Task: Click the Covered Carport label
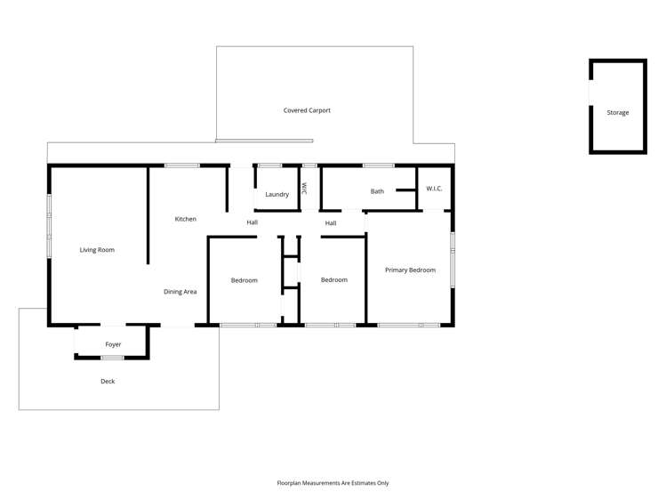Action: click(x=307, y=110)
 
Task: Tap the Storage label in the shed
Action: click(x=618, y=113)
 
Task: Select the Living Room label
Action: click(x=97, y=250)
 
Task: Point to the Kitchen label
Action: click(x=185, y=219)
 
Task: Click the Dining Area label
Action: click(x=180, y=292)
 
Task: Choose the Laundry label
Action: click(x=277, y=194)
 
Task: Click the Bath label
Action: click(x=377, y=191)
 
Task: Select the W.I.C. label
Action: click(x=434, y=189)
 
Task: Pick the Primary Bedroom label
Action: click(x=410, y=270)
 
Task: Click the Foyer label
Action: click(x=113, y=344)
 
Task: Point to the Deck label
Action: click(x=108, y=382)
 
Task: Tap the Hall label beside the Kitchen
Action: click(x=253, y=222)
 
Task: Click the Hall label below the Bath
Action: click(x=331, y=223)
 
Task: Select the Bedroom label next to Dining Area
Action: click(x=244, y=280)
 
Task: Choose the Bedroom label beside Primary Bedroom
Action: click(x=333, y=280)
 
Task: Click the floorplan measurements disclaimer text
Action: click(x=333, y=483)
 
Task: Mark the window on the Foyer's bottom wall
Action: click(x=112, y=358)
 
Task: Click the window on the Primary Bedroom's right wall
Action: click(x=453, y=259)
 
